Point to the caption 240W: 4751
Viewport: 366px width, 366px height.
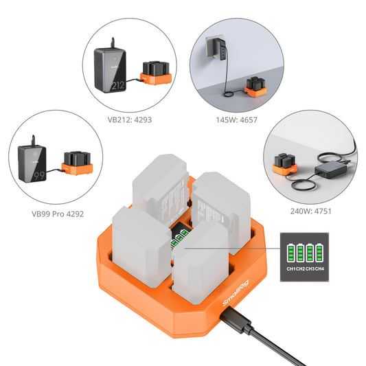coord(310,211)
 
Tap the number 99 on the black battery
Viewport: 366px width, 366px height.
coord(30,175)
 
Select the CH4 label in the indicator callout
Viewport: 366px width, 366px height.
coord(319,267)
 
